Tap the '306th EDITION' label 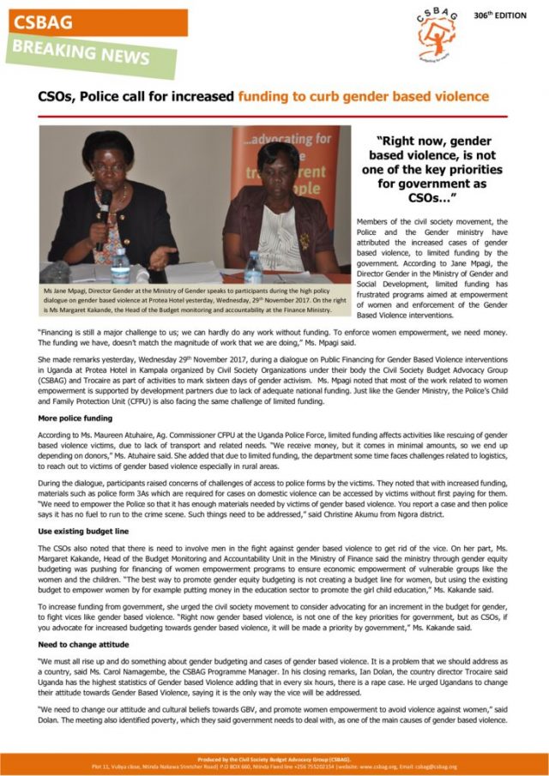(500, 15)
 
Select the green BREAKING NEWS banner (89, 56)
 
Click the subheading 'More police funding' (76, 418)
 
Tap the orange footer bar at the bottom (274, 761)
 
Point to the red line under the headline (274, 116)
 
